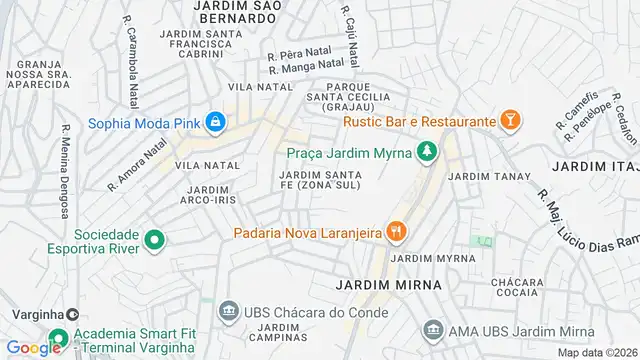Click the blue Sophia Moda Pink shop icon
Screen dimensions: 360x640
click(x=215, y=124)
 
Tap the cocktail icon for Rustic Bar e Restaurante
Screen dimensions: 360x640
click(x=510, y=121)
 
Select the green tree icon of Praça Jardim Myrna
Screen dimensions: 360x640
click(x=428, y=151)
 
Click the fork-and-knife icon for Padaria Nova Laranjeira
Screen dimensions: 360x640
click(x=397, y=232)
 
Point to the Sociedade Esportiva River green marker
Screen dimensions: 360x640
click(x=154, y=240)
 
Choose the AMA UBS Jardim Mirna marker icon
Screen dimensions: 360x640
click(x=433, y=328)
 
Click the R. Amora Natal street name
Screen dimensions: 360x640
click(x=138, y=166)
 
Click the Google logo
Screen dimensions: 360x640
click(x=33, y=347)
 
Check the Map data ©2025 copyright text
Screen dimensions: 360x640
click(x=596, y=352)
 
